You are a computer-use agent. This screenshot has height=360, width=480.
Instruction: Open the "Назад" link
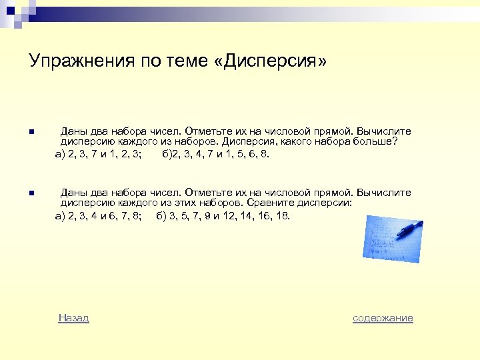(73, 318)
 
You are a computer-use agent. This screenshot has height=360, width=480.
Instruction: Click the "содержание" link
(383, 318)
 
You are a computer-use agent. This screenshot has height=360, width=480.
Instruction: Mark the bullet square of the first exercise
(31, 131)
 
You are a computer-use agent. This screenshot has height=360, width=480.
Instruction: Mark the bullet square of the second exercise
(31, 193)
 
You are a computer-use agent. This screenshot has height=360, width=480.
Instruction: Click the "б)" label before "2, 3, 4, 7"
(167, 154)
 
